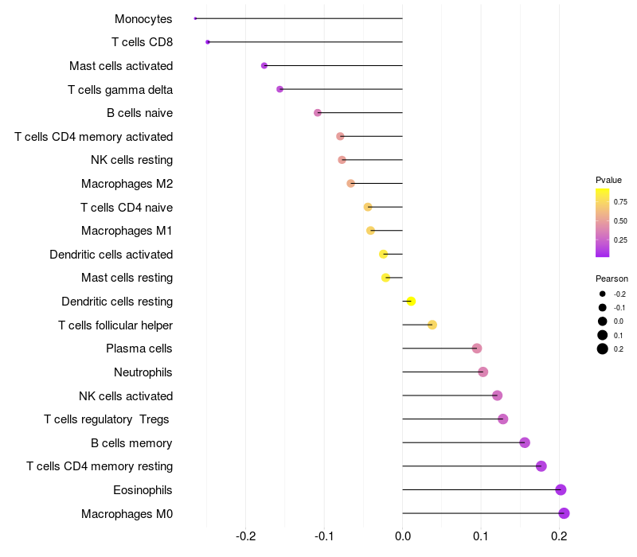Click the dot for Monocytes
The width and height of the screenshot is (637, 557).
pos(195,18)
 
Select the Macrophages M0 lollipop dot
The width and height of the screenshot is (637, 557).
pos(564,513)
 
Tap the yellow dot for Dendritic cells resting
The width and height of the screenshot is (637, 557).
pos(411,302)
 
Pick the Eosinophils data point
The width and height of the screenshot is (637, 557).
pos(561,489)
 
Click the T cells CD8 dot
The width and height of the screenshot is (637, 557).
pos(208,42)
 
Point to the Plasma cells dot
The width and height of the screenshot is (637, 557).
pos(477,349)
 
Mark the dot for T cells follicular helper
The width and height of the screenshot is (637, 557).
pos(432,325)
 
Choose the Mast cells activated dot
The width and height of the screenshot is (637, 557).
pos(264,65)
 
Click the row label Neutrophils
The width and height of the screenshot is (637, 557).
pos(143,372)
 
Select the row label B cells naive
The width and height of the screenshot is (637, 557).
pos(140,113)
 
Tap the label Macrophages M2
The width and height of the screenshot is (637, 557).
pos(127,184)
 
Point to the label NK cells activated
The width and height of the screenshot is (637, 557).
pos(126,395)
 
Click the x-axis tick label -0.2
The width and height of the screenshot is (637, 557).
pos(246,536)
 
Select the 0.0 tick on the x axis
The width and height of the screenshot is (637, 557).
pos(403,536)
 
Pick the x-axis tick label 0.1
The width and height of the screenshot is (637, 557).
pos(481,536)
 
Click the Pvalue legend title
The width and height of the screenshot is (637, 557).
pos(608,180)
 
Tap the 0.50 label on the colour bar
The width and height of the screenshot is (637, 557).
pos(620,221)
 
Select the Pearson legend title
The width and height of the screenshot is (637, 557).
pos(612,278)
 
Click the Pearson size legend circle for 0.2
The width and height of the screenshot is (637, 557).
pos(603,349)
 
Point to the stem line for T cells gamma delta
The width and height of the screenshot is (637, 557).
pos(342,89)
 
